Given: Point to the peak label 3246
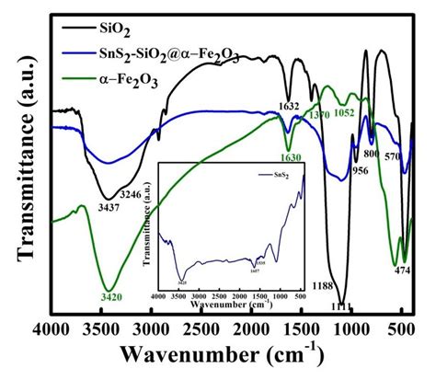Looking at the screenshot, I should (x=140, y=195).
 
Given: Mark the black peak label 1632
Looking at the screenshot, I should (x=290, y=106).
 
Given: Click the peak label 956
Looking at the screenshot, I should (x=360, y=171).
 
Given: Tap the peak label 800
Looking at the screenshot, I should (x=372, y=155).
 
